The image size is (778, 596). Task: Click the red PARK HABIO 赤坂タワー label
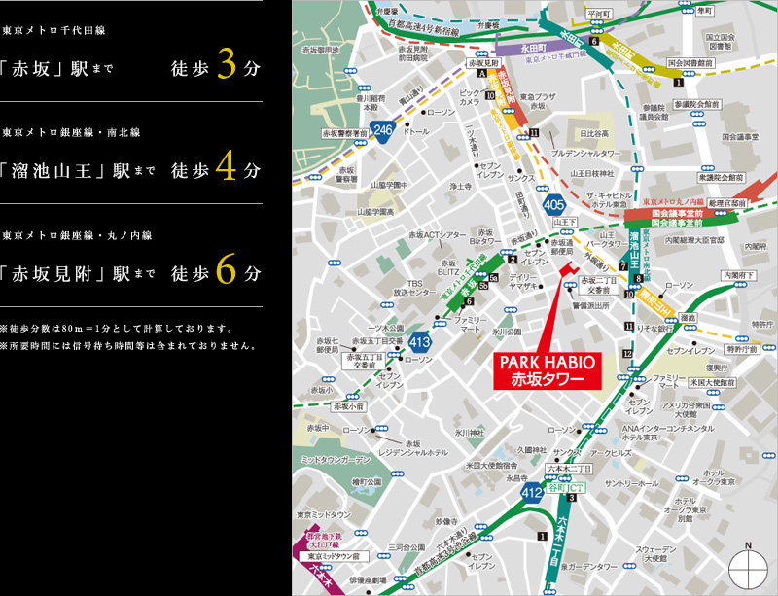pyautogui.click(x=547, y=370)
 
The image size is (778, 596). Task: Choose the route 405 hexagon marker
pyautogui.click(x=554, y=204)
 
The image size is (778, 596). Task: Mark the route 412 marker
pyautogui.click(x=531, y=493)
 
